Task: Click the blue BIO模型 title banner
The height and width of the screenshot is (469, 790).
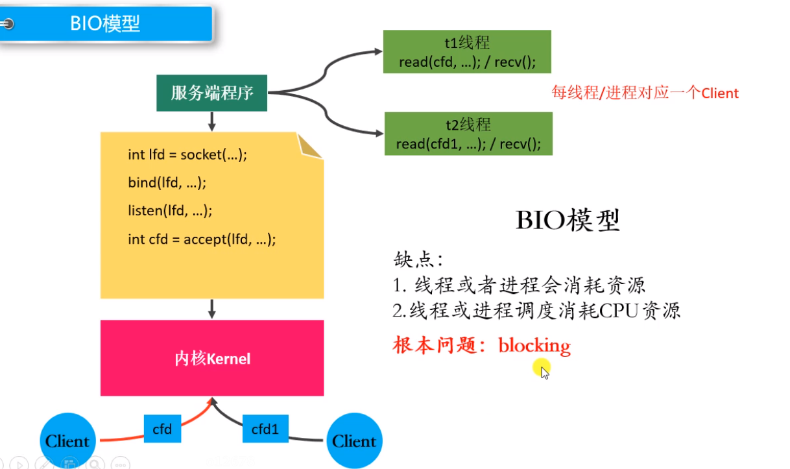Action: pyautogui.click(x=106, y=24)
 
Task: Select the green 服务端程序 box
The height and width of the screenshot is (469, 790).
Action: pyautogui.click(x=212, y=93)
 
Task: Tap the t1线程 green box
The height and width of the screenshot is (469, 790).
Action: pyautogui.click(x=467, y=53)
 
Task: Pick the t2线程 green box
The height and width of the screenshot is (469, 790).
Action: pyautogui.click(x=468, y=134)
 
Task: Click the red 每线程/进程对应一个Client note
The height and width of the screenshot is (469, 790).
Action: pyautogui.click(x=645, y=93)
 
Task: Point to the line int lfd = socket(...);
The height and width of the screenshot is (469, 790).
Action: pyautogui.click(x=188, y=154)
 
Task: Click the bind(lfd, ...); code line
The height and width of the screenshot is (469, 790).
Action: pyautogui.click(x=167, y=182)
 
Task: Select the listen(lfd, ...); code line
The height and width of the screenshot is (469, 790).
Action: pyautogui.click(x=170, y=210)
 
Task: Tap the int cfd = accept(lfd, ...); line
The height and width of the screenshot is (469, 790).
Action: pyautogui.click(x=202, y=239)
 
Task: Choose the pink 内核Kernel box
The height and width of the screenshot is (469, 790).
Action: pyautogui.click(x=212, y=358)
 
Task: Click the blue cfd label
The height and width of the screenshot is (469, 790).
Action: pyautogui.click(x=162, y=429)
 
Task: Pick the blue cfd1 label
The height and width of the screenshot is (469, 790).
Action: pyautogui.click(x=265, y=429)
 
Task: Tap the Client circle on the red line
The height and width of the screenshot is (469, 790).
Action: pyautogui.click(x=67, y=441)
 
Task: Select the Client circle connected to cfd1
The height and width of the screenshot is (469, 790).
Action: pyautogui.click(x=354, y=441)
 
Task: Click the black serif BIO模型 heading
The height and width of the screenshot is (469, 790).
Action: pyautogui.click(x=568, y=221)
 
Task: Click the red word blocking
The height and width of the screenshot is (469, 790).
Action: pyautogui.click(x=534, y=345)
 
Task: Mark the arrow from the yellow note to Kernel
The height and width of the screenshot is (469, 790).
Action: pyautogui.click(x=212, y=309)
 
